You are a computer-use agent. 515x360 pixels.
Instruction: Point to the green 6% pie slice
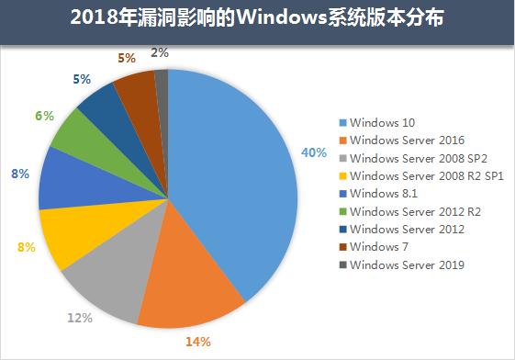coord(78,138)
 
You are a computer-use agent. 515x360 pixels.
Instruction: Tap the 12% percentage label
coord(80,318)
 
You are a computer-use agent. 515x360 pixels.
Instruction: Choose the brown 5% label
coord(127,58)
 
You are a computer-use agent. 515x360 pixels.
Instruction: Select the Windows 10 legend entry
coord(384,122)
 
